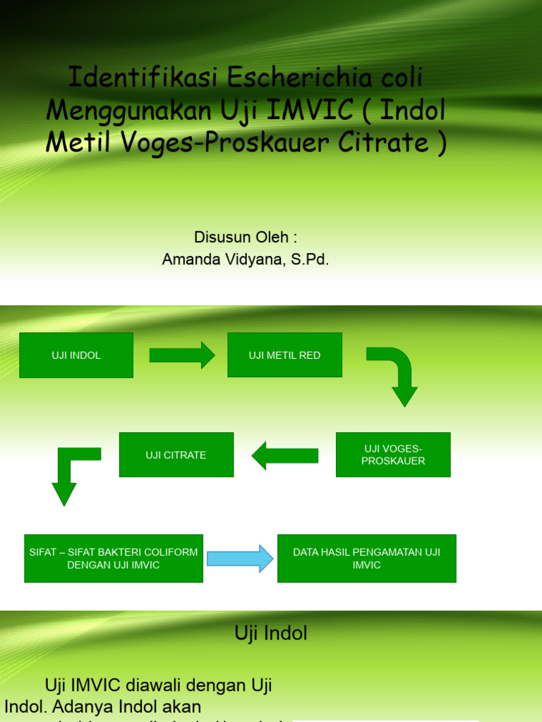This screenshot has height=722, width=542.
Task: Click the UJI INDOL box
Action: [76, 355]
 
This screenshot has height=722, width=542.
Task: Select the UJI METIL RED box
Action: [284, 355]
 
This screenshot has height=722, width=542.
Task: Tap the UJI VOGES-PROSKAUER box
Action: [393, 455]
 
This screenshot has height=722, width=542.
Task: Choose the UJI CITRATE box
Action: [176, 455]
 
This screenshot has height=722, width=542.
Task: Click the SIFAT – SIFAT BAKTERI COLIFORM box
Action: [114, 558]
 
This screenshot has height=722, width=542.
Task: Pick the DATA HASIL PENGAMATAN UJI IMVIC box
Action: [366, 558]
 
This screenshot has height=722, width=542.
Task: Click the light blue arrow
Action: [239, 558]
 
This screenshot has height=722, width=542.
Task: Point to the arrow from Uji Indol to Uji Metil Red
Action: [181, 355]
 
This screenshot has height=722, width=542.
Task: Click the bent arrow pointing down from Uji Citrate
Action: [71, 472]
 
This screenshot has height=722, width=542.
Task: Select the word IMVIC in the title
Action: [305, 110]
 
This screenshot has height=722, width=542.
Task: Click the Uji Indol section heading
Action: [271, 633]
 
